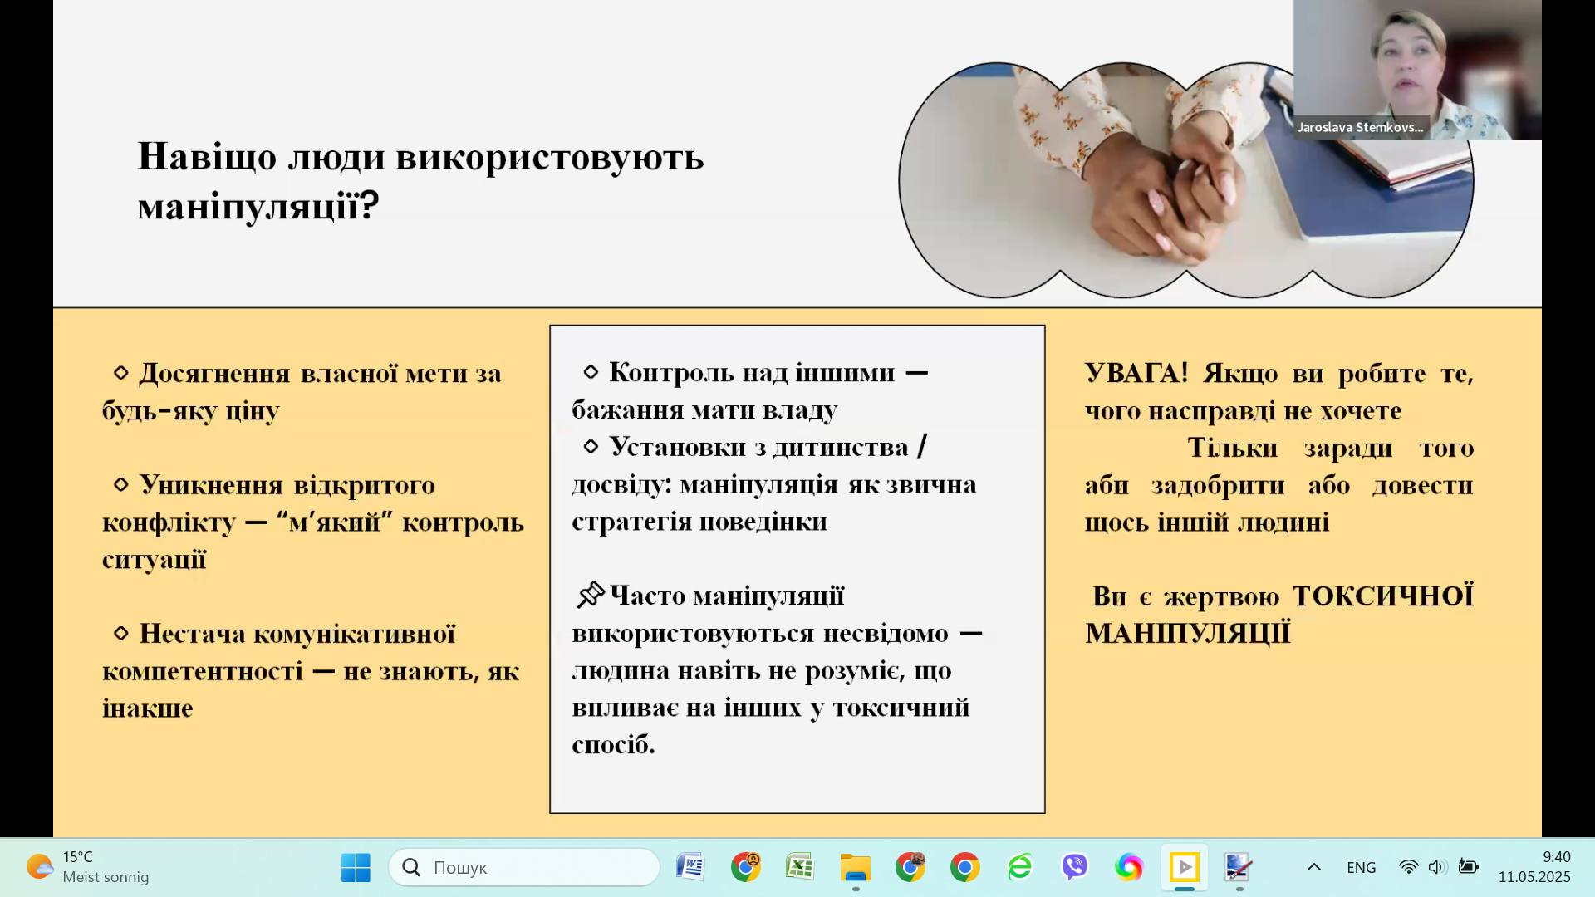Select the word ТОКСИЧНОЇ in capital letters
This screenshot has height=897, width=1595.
[1383, 596]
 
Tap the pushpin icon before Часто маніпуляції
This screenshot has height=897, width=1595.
[591, 595]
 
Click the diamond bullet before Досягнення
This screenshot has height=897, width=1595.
[121, 373]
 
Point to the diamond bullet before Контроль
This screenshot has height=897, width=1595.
[591, 371]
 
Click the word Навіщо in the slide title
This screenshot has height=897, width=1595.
[207, 156]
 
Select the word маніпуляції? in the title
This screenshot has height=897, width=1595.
[258, 204]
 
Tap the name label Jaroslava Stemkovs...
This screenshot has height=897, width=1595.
[1360, 127]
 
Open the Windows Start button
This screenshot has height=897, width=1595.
[356, 867]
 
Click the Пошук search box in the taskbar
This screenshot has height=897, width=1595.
[524, 867]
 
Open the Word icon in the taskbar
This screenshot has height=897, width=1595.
[690, 867]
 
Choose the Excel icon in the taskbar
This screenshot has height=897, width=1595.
[800, 867]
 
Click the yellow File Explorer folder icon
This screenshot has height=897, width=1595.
[855, 867]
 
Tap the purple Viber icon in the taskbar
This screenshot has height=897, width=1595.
[1074, 867]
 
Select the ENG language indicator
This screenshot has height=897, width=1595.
[1362, 867]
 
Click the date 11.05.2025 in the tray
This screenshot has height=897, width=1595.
[1534, 877]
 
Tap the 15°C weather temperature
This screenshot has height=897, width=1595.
[78, 857]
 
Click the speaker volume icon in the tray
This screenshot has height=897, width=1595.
[1437, 867]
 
